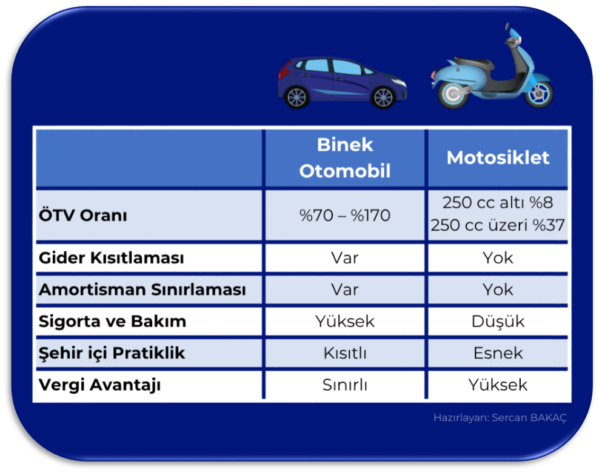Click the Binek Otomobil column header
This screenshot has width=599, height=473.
tap(345, 157)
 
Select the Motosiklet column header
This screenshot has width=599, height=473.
tap(498, 157)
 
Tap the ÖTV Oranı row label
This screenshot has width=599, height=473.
tap(82, 215)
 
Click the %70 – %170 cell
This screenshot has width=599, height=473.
tap(345, 216)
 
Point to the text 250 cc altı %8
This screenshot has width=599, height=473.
tap(498, 202)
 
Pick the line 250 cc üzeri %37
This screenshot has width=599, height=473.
tap(498, 225)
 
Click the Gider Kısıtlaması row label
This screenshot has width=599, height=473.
tap(111, 257)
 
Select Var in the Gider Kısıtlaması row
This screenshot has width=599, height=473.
tap(345, 258)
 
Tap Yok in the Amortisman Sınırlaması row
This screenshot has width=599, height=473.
tap(498, 289)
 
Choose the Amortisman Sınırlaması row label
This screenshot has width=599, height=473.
tap(142, 289)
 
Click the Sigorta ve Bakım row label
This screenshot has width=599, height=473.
tap(112, 322)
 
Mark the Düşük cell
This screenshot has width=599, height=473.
tap(498, 322)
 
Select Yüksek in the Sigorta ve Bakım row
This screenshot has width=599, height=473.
tap(345, 322)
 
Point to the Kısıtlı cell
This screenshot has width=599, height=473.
tap(345, 353)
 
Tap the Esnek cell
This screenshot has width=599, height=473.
tap(498, 353)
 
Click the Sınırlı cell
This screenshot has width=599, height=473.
tap(345, 385)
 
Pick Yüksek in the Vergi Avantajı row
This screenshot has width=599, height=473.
tap(498, 385)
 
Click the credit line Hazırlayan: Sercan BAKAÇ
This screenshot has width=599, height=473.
tap(500, 418)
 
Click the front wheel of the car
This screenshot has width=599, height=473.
tap(384, 98)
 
